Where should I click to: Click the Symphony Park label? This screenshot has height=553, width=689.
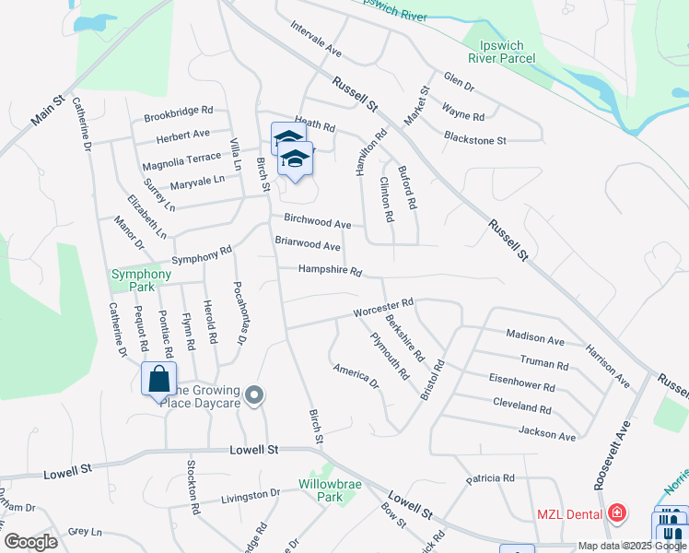pos(141,280)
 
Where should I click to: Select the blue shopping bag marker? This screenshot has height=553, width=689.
pos(158,379)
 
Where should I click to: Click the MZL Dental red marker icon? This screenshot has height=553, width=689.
pos(616,513)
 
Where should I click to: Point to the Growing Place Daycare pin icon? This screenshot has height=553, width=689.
pos(256,396)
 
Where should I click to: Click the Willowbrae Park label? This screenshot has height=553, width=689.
pos(326,490)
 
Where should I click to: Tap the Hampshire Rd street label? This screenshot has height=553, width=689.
pos(329,271)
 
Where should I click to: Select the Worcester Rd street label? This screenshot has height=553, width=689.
pos(383,307)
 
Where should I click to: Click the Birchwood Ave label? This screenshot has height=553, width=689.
pos(318,223)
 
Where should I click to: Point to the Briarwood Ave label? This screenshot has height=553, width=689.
pos(308,244)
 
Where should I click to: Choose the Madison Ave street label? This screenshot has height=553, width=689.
pos(535,338)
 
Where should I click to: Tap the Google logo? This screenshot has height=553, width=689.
pos(30,542)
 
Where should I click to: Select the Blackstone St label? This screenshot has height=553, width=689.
pos(475,140)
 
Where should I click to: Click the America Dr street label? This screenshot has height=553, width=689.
pos(356,374)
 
